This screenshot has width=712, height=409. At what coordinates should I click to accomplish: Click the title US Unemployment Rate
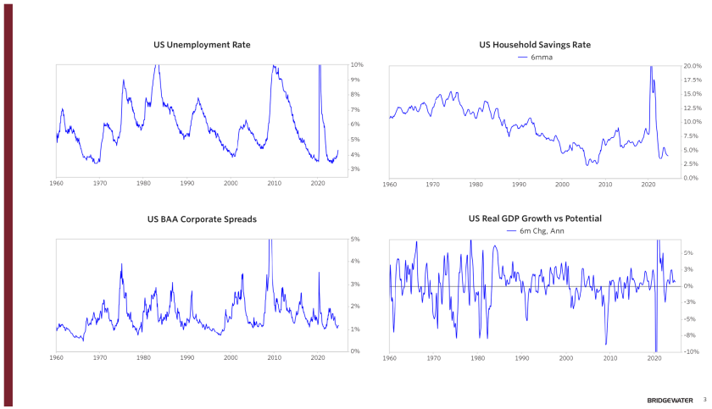[x=202, y=45]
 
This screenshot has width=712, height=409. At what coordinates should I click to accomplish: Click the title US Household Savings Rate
[x=535, y=45]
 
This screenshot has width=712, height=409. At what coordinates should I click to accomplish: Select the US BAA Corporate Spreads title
[x=202, y=219]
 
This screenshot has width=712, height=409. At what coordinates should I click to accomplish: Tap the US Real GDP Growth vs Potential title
[x=535, y=218]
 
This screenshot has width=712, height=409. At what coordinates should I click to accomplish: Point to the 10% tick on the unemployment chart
[x=358, y=65]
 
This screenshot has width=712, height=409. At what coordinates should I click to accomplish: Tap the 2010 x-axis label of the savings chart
[x=605, y=184]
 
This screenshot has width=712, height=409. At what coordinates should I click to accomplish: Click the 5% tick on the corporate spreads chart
[x=356, y=239]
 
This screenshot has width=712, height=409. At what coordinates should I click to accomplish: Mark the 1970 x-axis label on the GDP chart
[x=433, y=358]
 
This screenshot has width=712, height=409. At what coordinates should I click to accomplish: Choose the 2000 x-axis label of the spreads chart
[x=231, y=358]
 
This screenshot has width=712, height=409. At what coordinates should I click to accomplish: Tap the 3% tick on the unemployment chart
[x=356, y=169]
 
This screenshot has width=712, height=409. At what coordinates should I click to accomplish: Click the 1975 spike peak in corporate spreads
[x=121, y=263]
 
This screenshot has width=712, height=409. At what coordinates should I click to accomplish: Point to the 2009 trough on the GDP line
[x=605, y=344]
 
